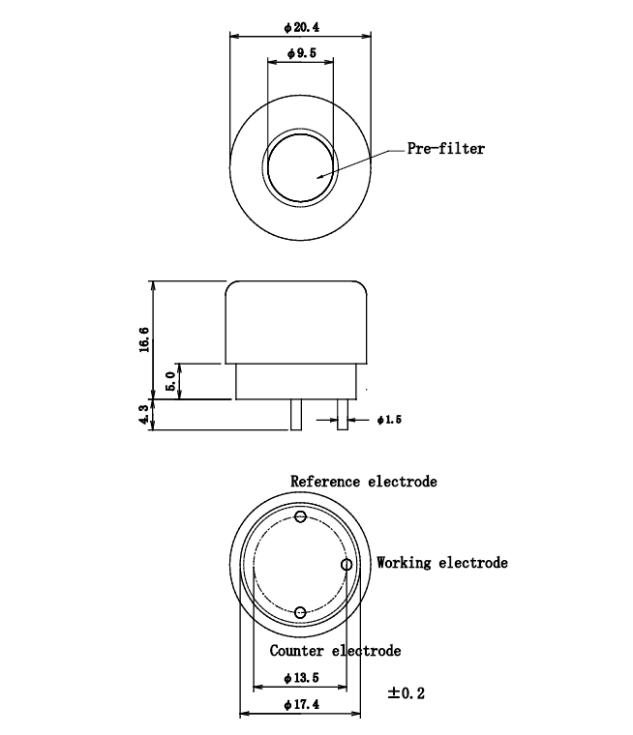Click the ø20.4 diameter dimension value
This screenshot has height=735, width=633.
tap(301, 27)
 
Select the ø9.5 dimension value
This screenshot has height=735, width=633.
tap(301, 55)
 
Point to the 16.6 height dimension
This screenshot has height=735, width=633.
tap(144, 341)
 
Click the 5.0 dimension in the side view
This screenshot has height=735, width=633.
tap(171, 380)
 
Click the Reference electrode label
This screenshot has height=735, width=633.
tap(364, 481)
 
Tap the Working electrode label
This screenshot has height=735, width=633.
tap(442, 562)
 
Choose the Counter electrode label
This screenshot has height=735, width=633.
tap(335, 651)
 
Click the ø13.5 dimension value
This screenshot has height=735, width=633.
tap(300, 677)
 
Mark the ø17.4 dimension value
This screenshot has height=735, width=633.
tap(301, 704)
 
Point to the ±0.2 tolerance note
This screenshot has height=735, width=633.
tap(407, 692)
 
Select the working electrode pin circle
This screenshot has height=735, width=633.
tap(347, 564)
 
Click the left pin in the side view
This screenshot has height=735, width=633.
tap(295, 415)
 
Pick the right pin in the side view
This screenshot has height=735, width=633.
tap(342, 415)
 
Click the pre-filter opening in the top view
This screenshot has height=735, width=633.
tap(301, 167)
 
